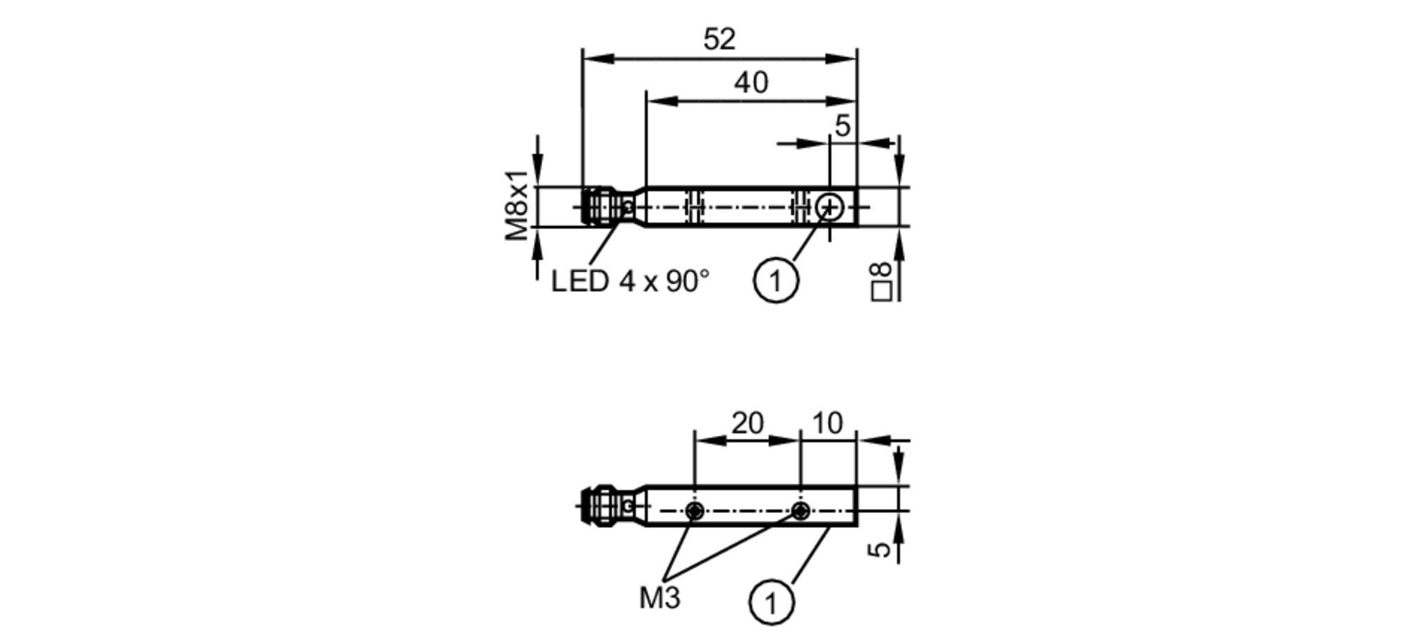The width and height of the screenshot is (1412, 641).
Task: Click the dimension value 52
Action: [719, 39]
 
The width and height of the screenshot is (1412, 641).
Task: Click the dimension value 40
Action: [750, 83]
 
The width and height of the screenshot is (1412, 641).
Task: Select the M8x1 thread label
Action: [517, 205]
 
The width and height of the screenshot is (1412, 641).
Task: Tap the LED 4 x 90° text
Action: [630, 281]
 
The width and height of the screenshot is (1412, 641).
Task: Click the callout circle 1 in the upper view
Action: [776, 281]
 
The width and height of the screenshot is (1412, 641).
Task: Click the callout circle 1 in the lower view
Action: [771, 603]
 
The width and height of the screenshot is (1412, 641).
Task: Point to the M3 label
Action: [659, 598]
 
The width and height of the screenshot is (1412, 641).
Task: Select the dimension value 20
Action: [747, 423]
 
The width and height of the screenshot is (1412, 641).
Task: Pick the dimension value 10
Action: [827, 423]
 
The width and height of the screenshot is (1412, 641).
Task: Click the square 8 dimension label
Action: [882, 281]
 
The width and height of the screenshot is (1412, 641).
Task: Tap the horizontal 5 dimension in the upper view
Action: [842, 126]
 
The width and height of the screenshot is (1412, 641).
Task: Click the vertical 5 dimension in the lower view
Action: [880, 548]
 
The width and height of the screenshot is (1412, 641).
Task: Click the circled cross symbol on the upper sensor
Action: [830, 208]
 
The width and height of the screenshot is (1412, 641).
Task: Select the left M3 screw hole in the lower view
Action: [695, 510]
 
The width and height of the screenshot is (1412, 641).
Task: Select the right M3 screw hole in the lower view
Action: [800, 510]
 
